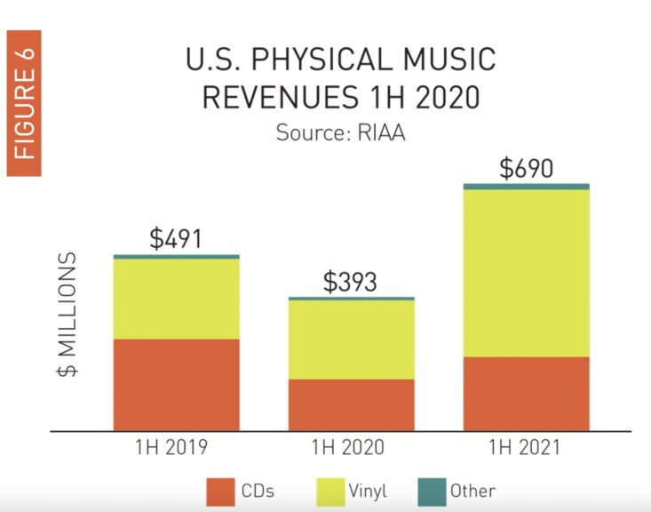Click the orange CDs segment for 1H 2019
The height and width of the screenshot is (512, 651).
(x=176, y=384)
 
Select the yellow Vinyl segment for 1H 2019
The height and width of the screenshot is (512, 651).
(x=176, y=299)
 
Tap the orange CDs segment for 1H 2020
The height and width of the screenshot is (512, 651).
(x=351, y=404)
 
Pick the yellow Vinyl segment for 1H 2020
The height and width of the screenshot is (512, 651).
(x=351, y=340)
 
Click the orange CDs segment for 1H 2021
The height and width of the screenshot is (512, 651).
(x=526, y=393)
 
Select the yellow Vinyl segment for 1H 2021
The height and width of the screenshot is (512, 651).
(x=526, y=272)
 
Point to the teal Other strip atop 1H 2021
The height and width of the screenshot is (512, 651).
(x=526, y=186)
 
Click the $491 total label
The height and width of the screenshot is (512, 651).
(x=176, y=238)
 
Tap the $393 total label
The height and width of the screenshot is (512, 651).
(x=350, y=282)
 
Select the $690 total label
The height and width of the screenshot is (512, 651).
(x=526, y=168)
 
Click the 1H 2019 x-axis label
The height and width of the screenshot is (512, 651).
(x=176, y=447)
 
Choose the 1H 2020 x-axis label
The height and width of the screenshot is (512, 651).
(x=351, y=447)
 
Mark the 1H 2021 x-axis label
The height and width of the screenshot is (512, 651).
(x=526, y=447)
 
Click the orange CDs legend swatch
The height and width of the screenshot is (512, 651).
(x=219, y=491)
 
